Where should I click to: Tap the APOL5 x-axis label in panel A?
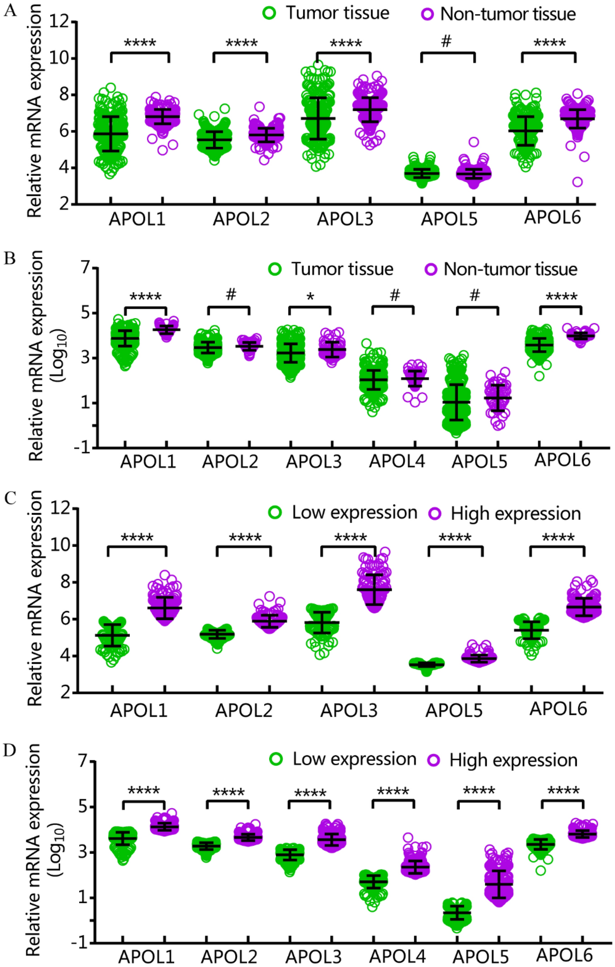click(x=449, y=219)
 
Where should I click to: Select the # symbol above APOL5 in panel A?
click(x=446, y=42)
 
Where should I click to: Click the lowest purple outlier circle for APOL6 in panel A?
click(x=577, y=182)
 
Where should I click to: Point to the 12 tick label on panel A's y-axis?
click(x=59, y=21)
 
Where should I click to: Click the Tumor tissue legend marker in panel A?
click(x=269, y=13)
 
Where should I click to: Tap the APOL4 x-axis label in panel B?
click(x=397, y=462)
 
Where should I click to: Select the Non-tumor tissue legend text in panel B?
click(x=510, y=269)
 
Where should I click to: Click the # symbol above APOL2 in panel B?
click(x=231, y=295)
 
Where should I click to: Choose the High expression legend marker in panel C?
click(x=435, y=514)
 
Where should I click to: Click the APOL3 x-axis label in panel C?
click(x=349, y=711)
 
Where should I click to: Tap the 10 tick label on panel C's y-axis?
click(x=60, y=545)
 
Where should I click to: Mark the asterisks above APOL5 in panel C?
click(x=455, y=538)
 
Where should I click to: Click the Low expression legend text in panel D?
click(x=354, y=759)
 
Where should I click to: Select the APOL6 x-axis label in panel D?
click(x=564, y=955)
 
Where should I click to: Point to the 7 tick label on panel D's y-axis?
click(x=83, y=761)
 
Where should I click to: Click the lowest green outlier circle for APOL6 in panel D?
click(x=540, y=870)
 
